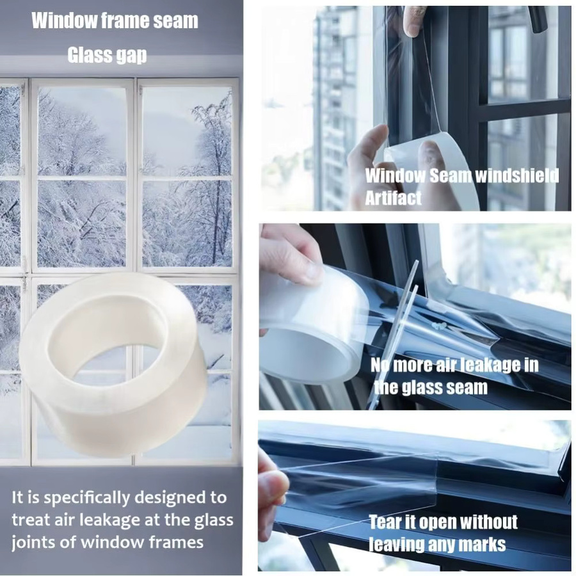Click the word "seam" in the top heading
point(175,20)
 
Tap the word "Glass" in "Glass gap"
point(86,55)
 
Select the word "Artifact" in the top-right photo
point(393,198)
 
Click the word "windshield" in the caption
point(516,176)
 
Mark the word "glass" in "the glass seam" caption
point(422,388)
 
